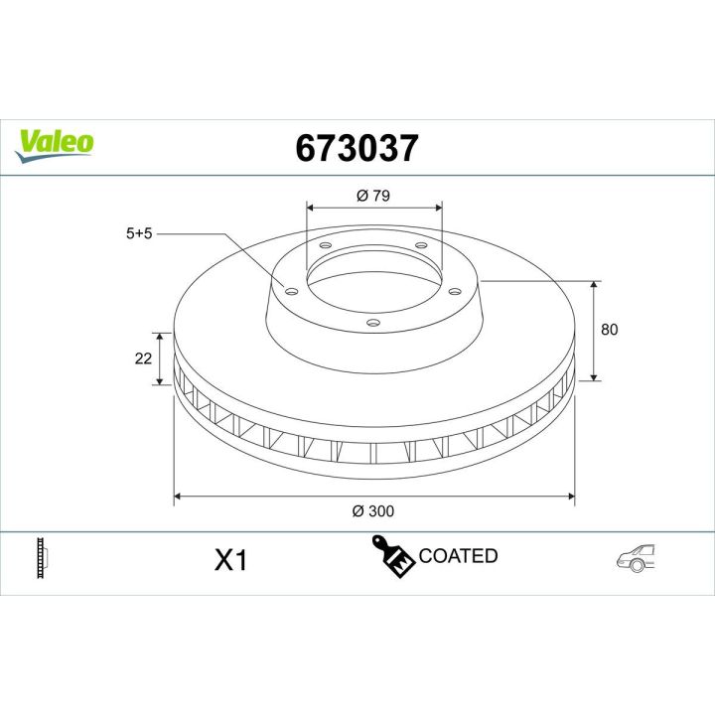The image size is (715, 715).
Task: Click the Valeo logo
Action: [x=56, y=142]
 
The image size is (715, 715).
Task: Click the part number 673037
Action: [x=357, y=148]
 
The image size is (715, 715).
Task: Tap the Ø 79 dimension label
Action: [x=372, y=196]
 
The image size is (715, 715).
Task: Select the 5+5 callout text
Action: [x=140, y=234]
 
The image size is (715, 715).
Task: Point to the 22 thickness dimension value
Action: [x=142, y=357]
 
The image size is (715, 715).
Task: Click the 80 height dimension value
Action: [x=609, y=330]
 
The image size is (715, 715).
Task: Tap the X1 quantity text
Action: [x=230, y=560]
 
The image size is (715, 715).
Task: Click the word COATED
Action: [x=459, y=556]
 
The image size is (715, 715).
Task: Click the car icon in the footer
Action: [x=637, y=557]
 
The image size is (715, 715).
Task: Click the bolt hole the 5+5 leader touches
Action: [x=291, y=290]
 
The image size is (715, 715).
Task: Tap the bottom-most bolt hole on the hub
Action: [x=371, y=322]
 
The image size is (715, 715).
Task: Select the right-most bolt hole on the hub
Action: [x=454, y=290]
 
